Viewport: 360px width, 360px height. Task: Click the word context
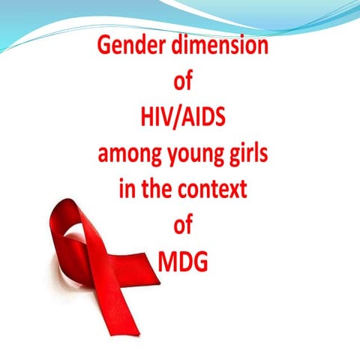[x=213, y=189]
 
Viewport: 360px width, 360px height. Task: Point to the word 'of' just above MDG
[x=182, y=225]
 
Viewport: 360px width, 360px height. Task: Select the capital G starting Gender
[x=104, y=48]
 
